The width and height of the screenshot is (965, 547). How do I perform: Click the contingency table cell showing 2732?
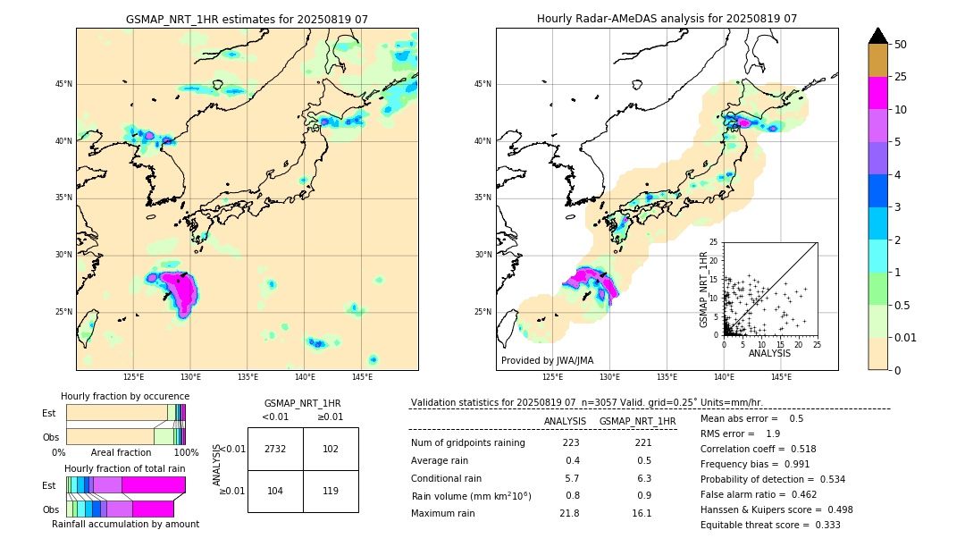274,450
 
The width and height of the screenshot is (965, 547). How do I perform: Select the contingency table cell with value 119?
331,491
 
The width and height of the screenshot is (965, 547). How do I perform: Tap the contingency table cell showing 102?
331,450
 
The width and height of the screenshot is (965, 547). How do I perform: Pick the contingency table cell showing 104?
274,491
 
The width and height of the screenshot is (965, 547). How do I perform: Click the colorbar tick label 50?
901,45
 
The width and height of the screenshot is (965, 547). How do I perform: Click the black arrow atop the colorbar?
878,36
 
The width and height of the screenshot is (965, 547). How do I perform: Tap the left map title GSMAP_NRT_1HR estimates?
247,19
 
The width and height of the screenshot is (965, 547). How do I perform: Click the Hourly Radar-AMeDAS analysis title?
667,19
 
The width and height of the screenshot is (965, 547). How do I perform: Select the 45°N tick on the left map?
63,84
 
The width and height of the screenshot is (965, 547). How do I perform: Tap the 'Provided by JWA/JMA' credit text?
547,360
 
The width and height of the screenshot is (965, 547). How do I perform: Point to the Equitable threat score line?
770,525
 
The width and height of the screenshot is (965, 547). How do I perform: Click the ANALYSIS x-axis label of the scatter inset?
769,353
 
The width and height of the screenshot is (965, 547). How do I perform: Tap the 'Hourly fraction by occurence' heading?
125,396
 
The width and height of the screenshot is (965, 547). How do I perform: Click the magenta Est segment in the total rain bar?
153,484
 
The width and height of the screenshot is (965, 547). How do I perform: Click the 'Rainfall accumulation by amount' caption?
125,524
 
